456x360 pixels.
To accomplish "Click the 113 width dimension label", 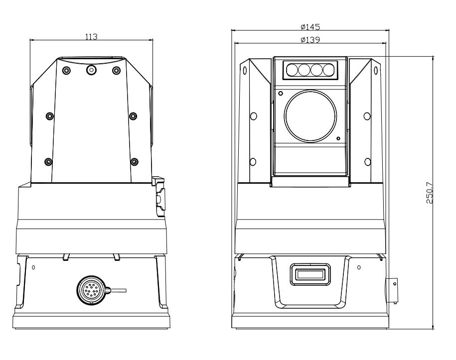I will point(91,36).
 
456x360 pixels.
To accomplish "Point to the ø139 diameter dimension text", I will point(310,39).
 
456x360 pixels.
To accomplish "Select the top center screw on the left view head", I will point(91,70).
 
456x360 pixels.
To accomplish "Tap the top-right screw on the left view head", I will point(116,70).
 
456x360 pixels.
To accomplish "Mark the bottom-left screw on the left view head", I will point(48,161).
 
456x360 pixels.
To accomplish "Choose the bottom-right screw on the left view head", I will point(134,161).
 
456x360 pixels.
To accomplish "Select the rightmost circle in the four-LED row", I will point(327,70).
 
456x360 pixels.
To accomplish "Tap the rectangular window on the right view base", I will point(309,274).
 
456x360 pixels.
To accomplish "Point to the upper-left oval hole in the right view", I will point(253,116).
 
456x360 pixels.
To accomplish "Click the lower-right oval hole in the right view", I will point(367,161).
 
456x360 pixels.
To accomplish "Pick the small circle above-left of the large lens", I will point(281,93).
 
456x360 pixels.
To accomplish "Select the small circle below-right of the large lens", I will point(338,138).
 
